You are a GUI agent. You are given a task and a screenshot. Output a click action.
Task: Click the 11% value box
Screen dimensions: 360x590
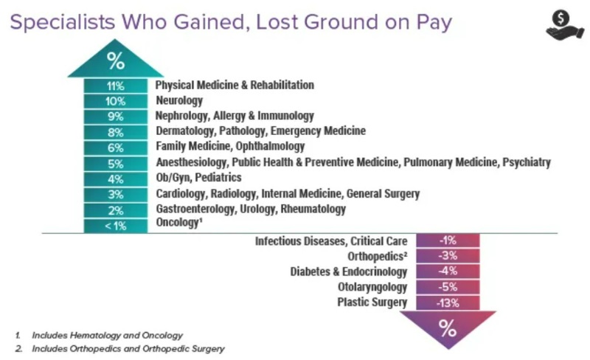pyautogui.click(x=115, y=86)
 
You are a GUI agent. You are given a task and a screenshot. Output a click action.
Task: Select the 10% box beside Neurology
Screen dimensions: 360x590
pyautogui.click(x=115, y=101)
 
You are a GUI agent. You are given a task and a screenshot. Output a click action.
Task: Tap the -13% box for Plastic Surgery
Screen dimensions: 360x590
pyautogui.click(x=448, y=302)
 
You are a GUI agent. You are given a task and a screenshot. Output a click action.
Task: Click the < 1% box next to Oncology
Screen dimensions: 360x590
pyautogui.click(x=115, y=226)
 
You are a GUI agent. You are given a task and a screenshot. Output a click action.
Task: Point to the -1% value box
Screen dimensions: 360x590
pyautogui.click(x=448, y=240)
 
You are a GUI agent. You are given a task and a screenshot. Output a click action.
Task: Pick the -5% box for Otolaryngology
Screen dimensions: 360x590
pyautogui.click(x=448, y=287)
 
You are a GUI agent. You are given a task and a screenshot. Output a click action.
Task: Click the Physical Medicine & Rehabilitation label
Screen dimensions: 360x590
pyautogui.click(x=235, y=85)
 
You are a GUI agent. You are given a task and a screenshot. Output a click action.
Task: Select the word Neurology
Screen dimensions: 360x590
pyautogui.click(x=178, y=100)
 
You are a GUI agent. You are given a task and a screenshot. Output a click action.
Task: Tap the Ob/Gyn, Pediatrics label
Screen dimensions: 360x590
pyautogui.click(x=198, y=178)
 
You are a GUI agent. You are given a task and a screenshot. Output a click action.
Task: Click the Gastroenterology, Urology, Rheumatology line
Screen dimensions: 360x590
pyautogui.click(x=251, y=210)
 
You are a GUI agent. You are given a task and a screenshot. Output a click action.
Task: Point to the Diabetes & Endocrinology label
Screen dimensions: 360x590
pyautogui.click(x=349, y=271)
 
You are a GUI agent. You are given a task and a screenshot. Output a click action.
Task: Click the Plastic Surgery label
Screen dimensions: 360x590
pyautogui.click(x=372, y=302)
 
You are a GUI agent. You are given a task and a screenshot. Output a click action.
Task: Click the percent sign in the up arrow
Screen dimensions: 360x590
pyautogui.click(x=115, y=60)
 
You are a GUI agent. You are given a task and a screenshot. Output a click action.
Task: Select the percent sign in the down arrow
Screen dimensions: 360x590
pyautogui.click(x=448, y=328)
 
